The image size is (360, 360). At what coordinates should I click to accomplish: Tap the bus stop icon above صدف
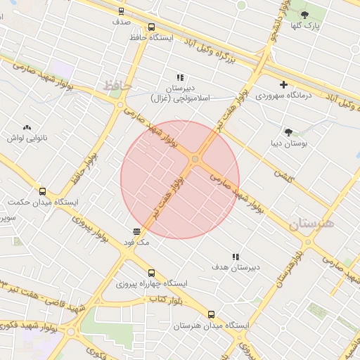(x=122, y=11)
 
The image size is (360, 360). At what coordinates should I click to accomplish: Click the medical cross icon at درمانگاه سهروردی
(x=284, y=85)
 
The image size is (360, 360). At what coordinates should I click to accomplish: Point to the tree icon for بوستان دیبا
(x=288, y=131)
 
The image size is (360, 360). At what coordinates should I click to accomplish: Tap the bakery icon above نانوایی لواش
(x=27, y=127)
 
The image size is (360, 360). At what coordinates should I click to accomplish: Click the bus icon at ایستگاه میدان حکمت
(x=42, y=191)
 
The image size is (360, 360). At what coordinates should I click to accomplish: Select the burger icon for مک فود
(x=136, y=231)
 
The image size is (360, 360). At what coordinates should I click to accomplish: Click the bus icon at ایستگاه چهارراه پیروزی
(x=151, y=273)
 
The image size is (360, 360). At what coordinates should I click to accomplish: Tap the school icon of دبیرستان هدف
(x=235, y=257)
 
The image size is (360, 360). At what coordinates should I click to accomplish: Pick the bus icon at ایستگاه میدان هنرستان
(x=212, y=314)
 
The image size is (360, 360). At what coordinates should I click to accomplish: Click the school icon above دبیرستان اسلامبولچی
(x=180, y=78)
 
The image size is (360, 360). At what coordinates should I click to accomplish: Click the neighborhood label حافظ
(x=117, y=85)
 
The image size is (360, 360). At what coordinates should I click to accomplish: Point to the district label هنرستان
(x=312, y=224)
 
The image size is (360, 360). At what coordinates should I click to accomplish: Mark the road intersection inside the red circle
(x=195, y=160)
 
